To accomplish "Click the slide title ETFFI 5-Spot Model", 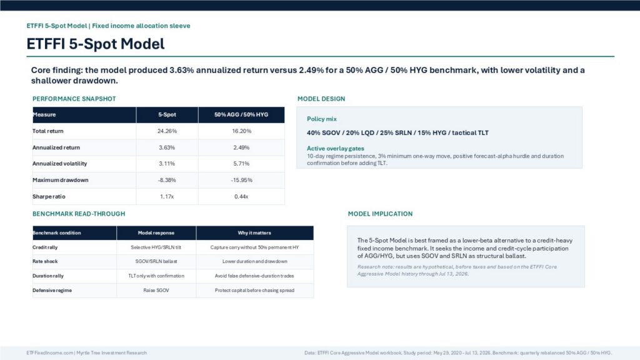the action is coord(96,44).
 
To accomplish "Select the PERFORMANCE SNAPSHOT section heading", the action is coord(74,99).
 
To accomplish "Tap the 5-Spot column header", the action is coord(167,115).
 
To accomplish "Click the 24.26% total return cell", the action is coord(167,131).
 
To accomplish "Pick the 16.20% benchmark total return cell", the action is coord(241,131).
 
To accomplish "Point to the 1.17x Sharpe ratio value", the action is coord(167,196).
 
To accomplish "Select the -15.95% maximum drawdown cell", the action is coord(241,180).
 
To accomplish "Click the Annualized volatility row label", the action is coord(59,164).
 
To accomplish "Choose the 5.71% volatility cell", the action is coord(241,164).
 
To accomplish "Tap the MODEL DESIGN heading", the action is coord(321,99).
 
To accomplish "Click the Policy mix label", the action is coord(322,119).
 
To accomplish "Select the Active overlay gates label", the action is coord(336,149).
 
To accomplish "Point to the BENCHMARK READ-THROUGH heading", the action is coord(79,214).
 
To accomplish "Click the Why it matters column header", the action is coord(254,232).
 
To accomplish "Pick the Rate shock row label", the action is coord(45,261).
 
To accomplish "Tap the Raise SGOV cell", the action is coord(156,290).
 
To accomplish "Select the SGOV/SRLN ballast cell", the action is coord(156,261).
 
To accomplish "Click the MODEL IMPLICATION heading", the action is coord(380,214).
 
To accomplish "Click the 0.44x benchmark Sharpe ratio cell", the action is coord(241,196).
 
